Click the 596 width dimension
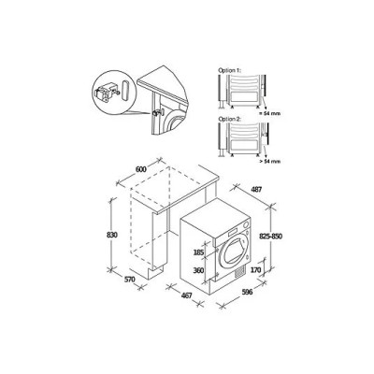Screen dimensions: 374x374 [248, 294]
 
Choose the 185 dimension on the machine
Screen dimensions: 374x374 [197, 252]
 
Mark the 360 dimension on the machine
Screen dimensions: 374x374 [197, 270]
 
